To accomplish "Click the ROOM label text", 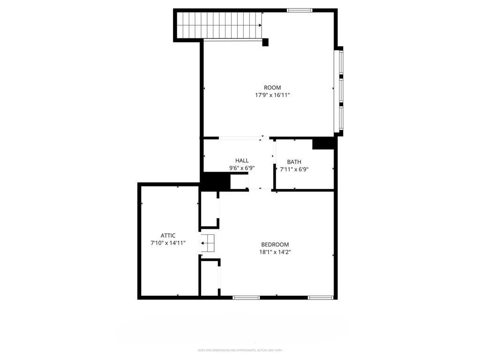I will click(x=272, y=88).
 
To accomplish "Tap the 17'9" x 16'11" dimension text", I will click(x=272, y=95).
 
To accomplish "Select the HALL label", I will click(x=242, y=161).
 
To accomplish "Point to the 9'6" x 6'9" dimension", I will click(x=242, y=168).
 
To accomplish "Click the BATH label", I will click(x=294, y=162).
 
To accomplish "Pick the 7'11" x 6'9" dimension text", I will click(x=294, y=170).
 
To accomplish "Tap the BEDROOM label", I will click(x=275, y=245).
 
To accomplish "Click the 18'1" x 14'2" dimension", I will click(x=275, y=252).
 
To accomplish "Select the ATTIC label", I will click(x=168, y=236).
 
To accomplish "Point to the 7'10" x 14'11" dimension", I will click(x=168, y=243).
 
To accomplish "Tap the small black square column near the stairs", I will click(x=265, y=42).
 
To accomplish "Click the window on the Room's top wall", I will click(x=300, y=10).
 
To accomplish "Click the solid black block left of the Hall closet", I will click(x=215, y=181).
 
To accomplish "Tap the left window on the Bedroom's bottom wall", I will click(x=246, y=297).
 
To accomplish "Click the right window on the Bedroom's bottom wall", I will click(x=321, y=297).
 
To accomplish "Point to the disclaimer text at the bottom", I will click(x=240, y=350).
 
